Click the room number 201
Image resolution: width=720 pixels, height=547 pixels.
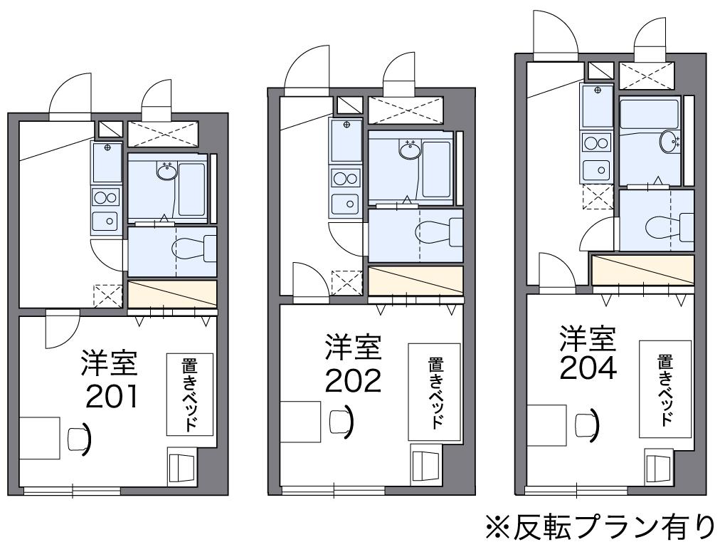click(x=112, y=397)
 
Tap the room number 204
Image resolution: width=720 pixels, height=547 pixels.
click(x=587, y=368)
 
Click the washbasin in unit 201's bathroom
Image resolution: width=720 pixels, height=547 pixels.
click(x=168, y=172)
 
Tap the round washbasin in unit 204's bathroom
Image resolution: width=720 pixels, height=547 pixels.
click(x=669, y=142)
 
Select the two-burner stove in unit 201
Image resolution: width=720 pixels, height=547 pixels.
click(x=105, y=197)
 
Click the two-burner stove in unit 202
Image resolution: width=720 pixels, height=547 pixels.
click(x=345, y=179)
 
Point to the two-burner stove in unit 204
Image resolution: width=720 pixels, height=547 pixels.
click(x=596, y=143)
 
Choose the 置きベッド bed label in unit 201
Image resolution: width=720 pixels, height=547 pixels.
click(x=190, y=394)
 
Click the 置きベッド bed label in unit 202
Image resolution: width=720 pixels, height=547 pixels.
click(x=434, y=392)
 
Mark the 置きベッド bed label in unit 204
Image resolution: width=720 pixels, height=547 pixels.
click(x=665, y=388)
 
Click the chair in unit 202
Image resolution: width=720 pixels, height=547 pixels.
click(x=338, y=420)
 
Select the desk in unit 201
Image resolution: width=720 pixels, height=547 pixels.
click(x=39, y=439)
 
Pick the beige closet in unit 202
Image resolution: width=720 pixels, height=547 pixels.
click(x=415, y=281)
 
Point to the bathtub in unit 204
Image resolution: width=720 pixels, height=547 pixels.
click(x=649, y=113)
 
